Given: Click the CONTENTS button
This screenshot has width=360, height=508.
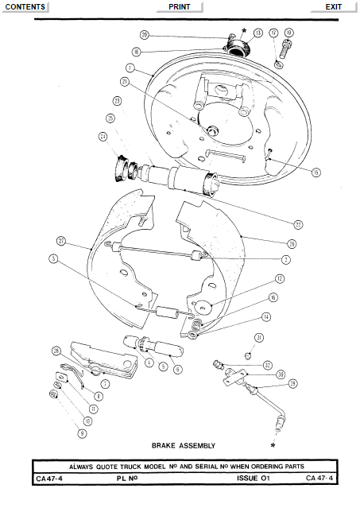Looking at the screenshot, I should click(25, 6).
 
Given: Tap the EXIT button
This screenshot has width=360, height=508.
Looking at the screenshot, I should click(334, 6).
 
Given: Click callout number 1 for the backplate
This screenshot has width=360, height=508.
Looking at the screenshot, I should click(129, 68).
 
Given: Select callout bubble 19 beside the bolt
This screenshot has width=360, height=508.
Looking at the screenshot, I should click(288, 33).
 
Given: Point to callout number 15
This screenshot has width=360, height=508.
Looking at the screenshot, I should click(315, 172).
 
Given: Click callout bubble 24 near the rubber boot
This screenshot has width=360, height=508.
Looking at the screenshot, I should click(103, 136).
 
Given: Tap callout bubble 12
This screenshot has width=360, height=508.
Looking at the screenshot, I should click(280, 279).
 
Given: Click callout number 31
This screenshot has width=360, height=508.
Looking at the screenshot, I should click(258, 338).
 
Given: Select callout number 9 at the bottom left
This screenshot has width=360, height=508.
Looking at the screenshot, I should click(81, 433).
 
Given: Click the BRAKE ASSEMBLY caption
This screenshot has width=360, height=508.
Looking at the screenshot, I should click(183, 446).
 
